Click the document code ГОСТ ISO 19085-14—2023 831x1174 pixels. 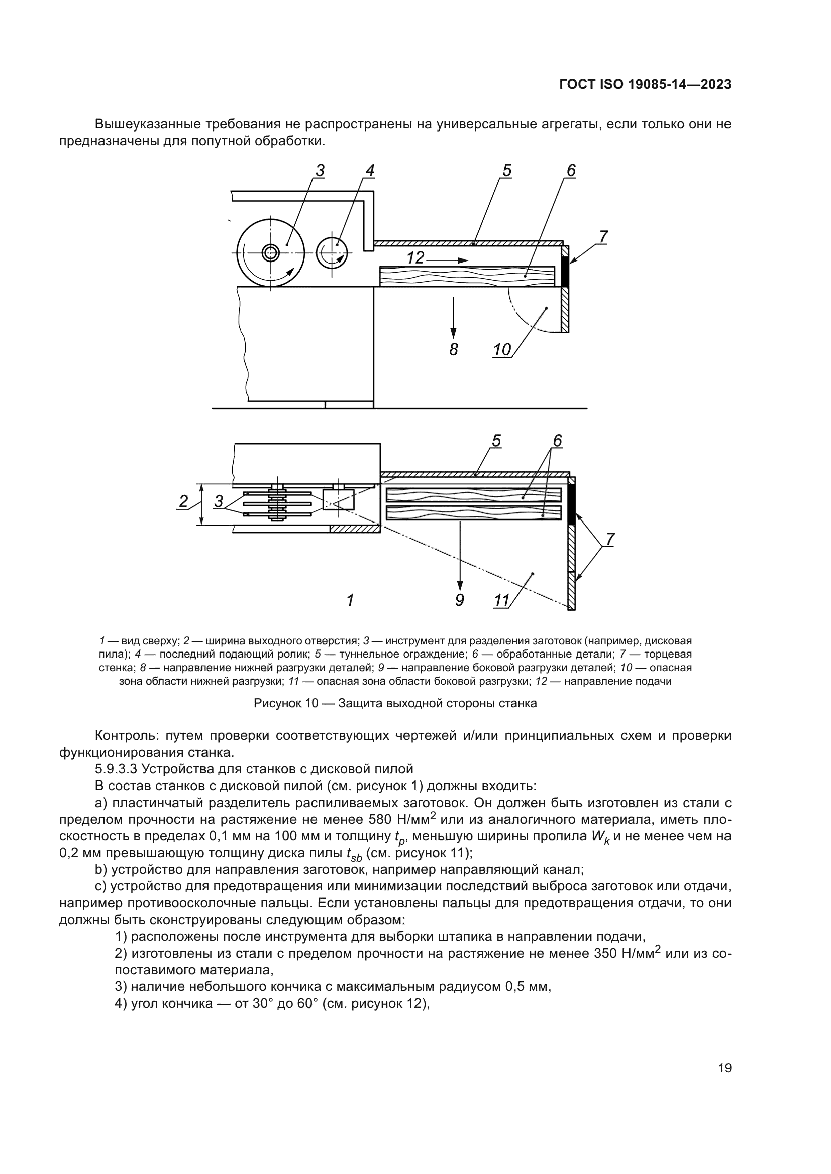tap(645, 85)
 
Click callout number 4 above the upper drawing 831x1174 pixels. tap(370, 170)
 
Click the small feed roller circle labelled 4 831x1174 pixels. tap(332, 252)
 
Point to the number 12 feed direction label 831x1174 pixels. tap(415, 258)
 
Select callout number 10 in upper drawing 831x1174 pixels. tap(502, 350)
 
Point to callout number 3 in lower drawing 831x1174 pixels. tap(219, 501)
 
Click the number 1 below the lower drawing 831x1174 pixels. tap(350, 600)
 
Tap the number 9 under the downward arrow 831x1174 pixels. tap(460, 600)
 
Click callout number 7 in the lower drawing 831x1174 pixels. tap(609, 539)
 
